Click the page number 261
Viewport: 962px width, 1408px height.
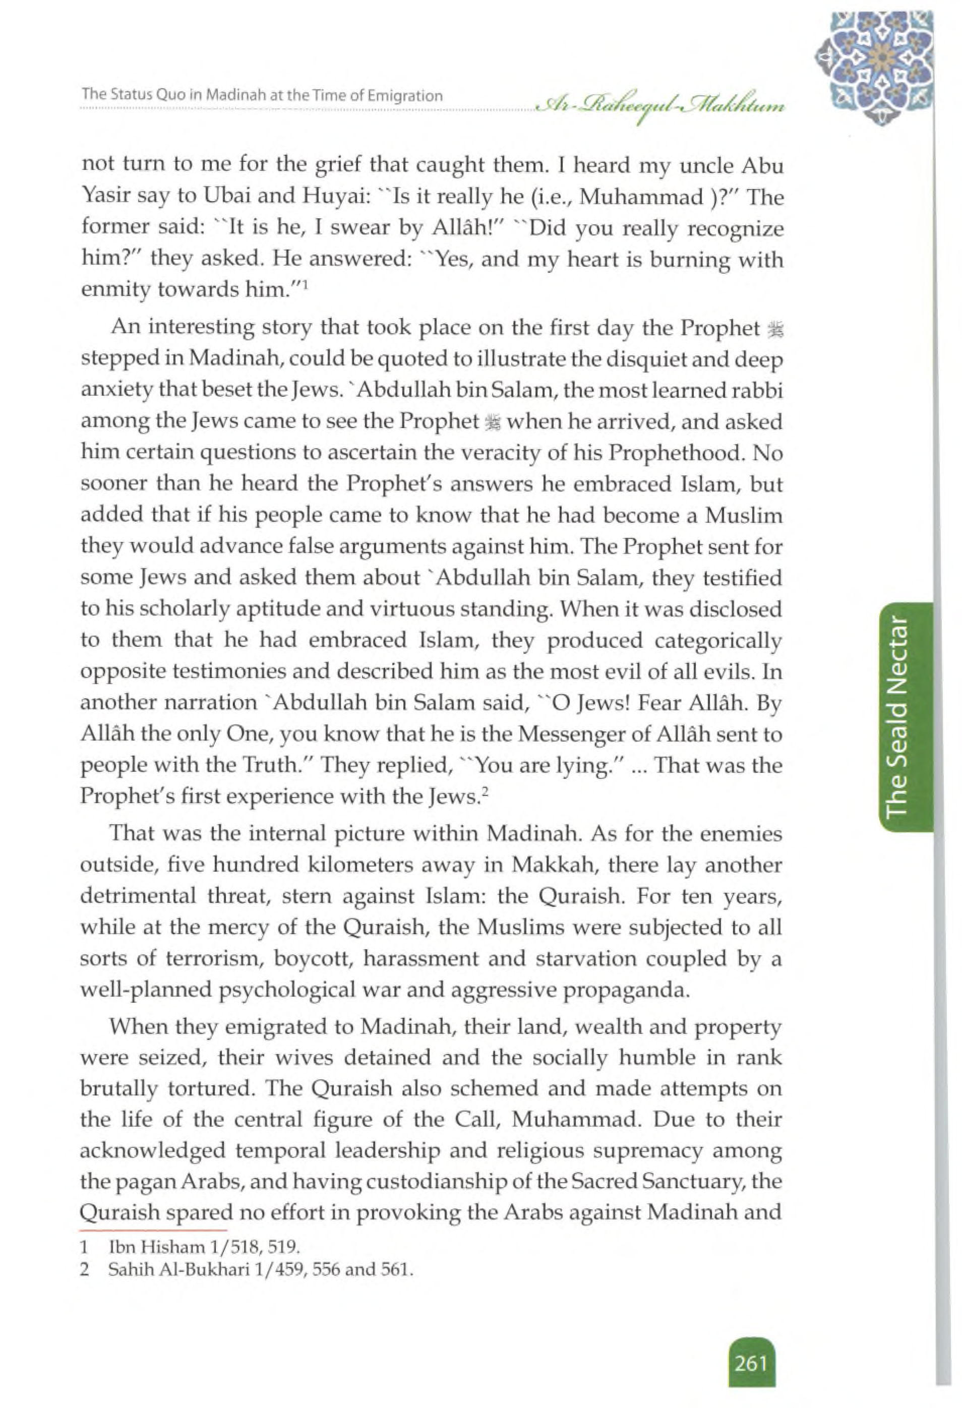pos(751,1364)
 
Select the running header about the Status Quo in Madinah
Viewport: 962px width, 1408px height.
pos(262,96)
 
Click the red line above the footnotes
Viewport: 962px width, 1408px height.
pos(153,1231)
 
